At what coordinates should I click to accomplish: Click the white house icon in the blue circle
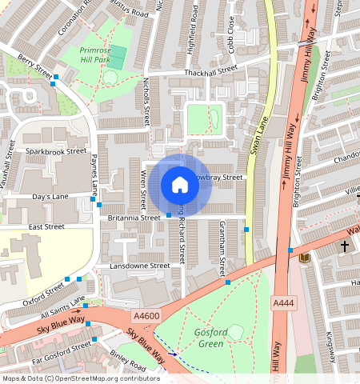(x=180, y=185)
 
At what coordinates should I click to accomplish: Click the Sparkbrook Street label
(x=55, y=150)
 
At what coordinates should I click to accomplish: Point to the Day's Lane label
(x=50, y=196)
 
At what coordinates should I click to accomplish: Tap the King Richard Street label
(x=182, y=236)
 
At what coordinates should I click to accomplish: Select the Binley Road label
(x=128, y=365)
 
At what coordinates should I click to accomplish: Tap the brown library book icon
(x=303, y=258)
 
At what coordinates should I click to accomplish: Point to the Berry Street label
(x=34, y=67)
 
